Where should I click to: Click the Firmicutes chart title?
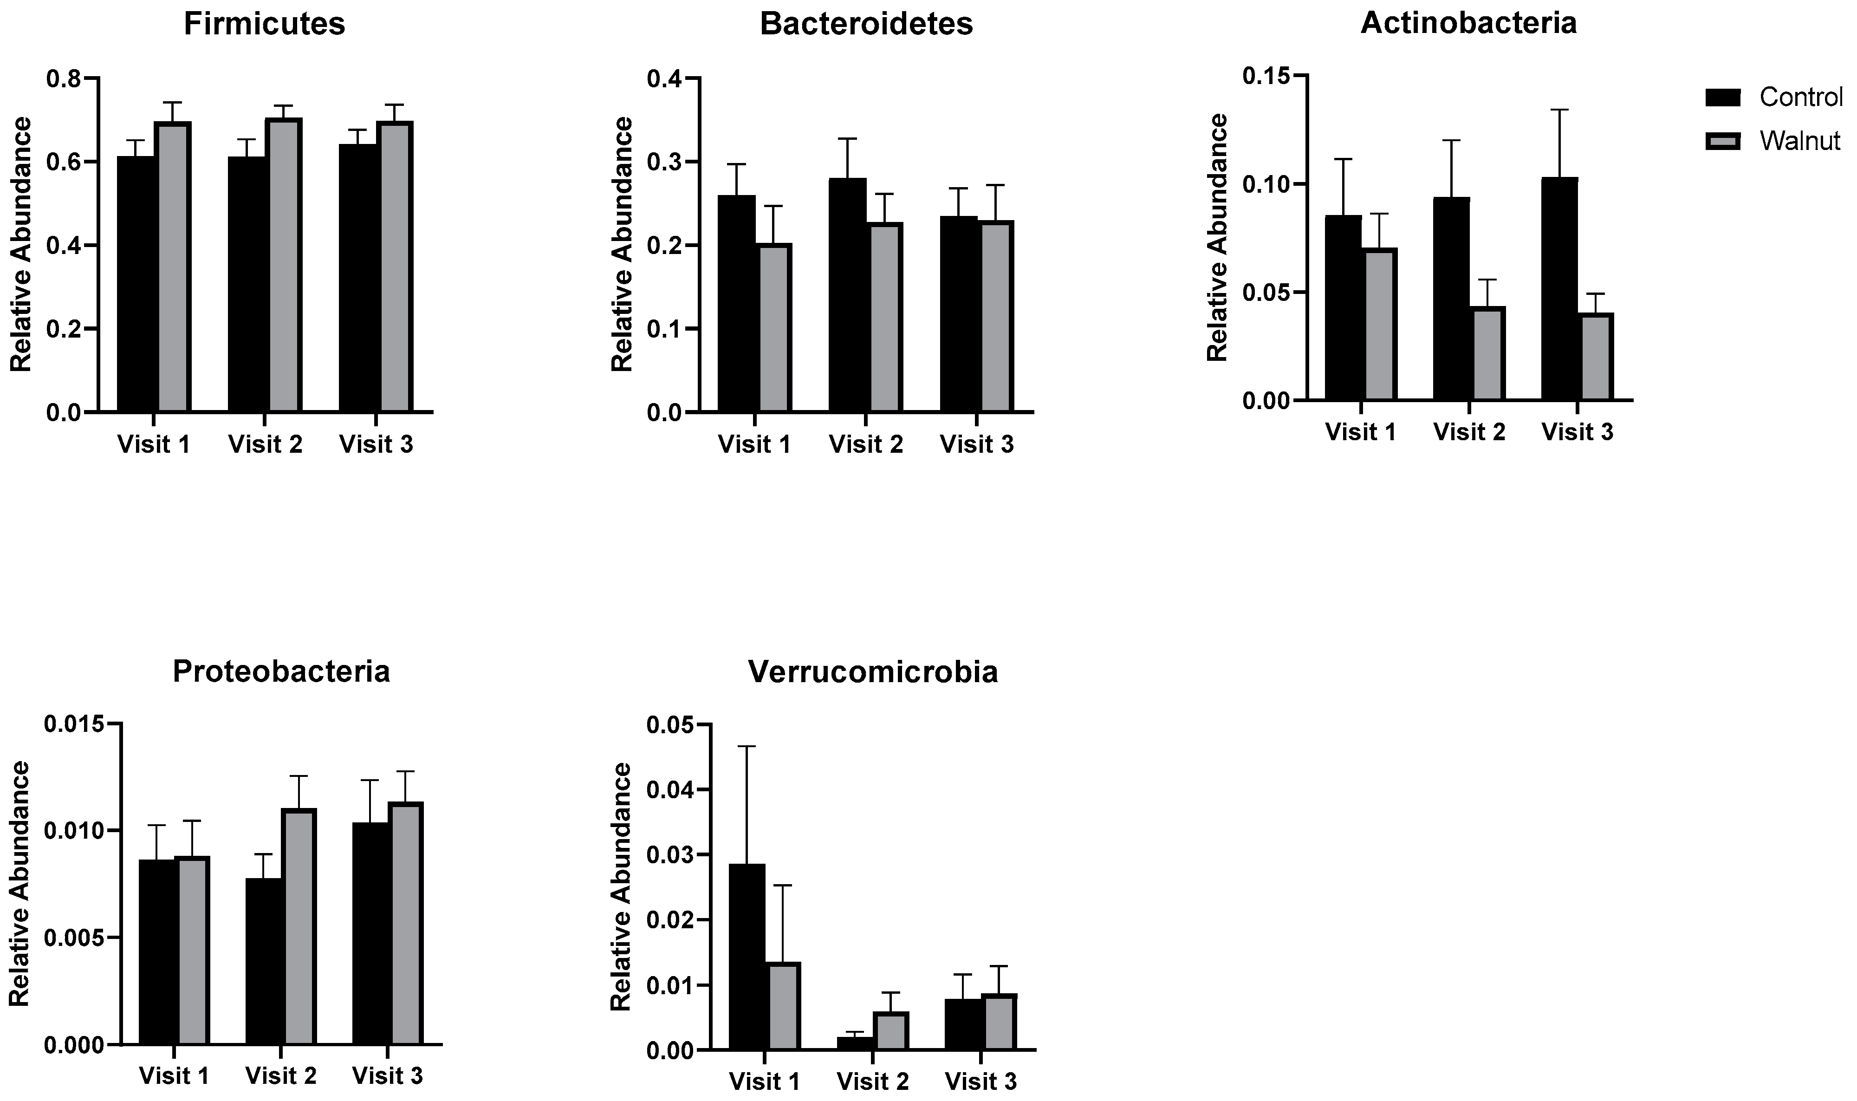point(264,24)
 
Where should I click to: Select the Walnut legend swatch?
point(1723,140)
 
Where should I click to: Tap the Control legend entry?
point(1800,97)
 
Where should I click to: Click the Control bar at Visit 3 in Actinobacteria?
point(1559,289)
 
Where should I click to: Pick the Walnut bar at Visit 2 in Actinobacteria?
point(1487,353)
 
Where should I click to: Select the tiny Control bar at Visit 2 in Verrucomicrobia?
point(854,1042)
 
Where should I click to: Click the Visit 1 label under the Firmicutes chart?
point(154,444)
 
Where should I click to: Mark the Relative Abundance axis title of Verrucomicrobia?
point(621,886)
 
